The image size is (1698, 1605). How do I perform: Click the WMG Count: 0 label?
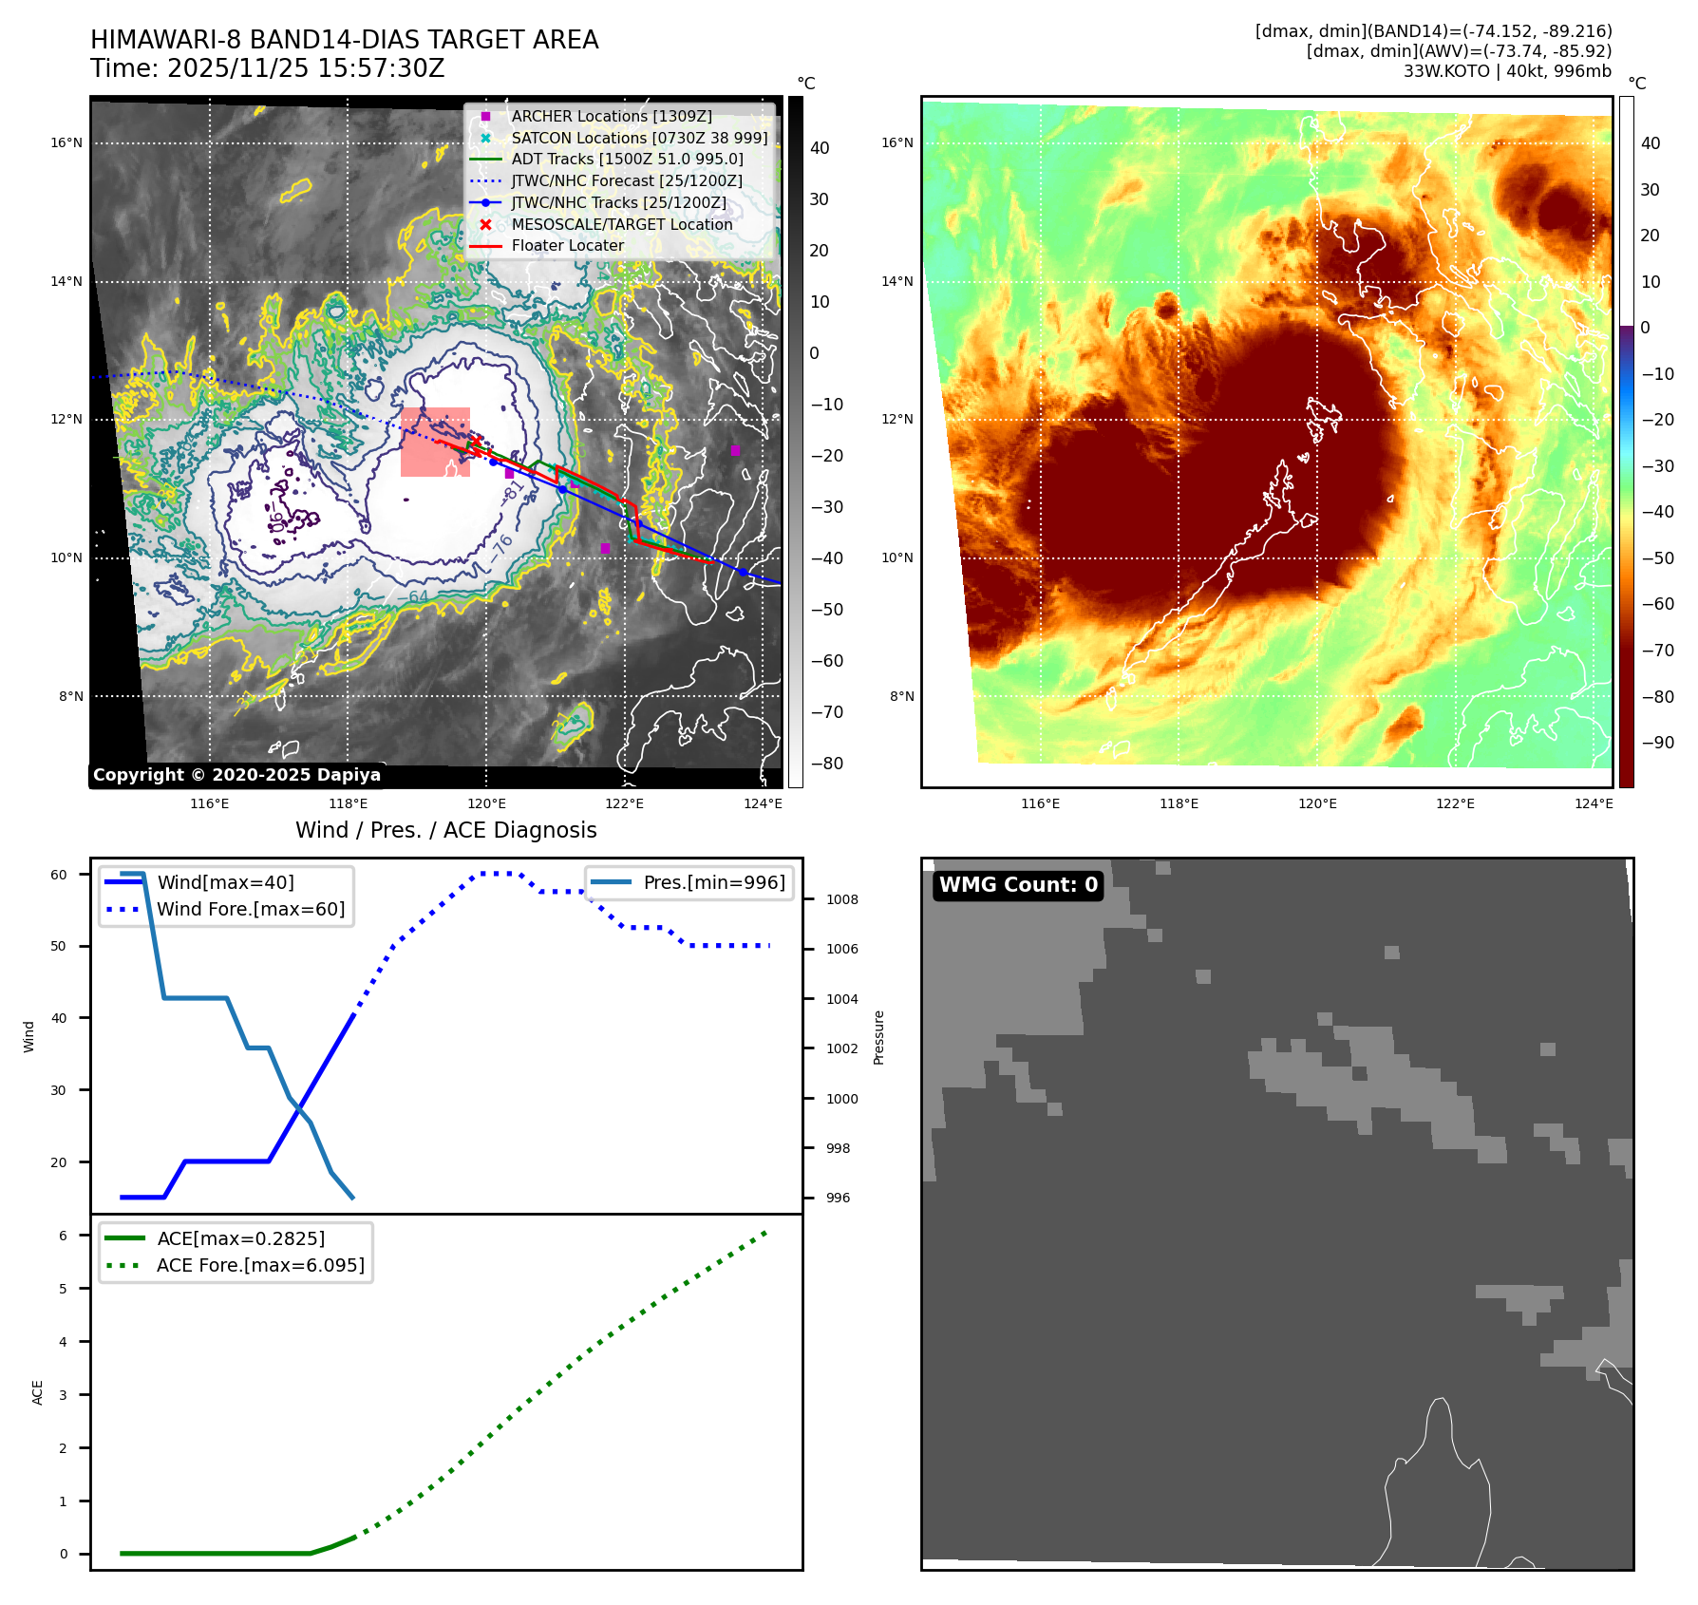click(x=1018, y=885)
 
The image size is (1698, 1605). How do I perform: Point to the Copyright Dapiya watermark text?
click(x=236, y=775)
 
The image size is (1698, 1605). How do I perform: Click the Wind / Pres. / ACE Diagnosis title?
click(x=445, y=830)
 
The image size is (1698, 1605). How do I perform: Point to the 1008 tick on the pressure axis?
click(x=841, y=899)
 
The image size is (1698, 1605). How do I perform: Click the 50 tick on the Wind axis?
click(x=59, y=946)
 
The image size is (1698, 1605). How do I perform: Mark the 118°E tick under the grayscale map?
click(x=348, y=803)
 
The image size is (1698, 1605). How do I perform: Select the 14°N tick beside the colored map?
click(x=896, y=281)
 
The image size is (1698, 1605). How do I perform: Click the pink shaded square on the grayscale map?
click(x=435, y=442)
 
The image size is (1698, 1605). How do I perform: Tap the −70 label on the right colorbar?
click(x=1657, y=651)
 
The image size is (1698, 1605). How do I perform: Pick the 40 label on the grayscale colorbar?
click(x=819, y=148)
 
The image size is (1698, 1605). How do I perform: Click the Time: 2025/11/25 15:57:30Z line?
click(x=268, y=68)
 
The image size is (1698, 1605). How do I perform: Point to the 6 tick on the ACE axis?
click(x=63, y=1236)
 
